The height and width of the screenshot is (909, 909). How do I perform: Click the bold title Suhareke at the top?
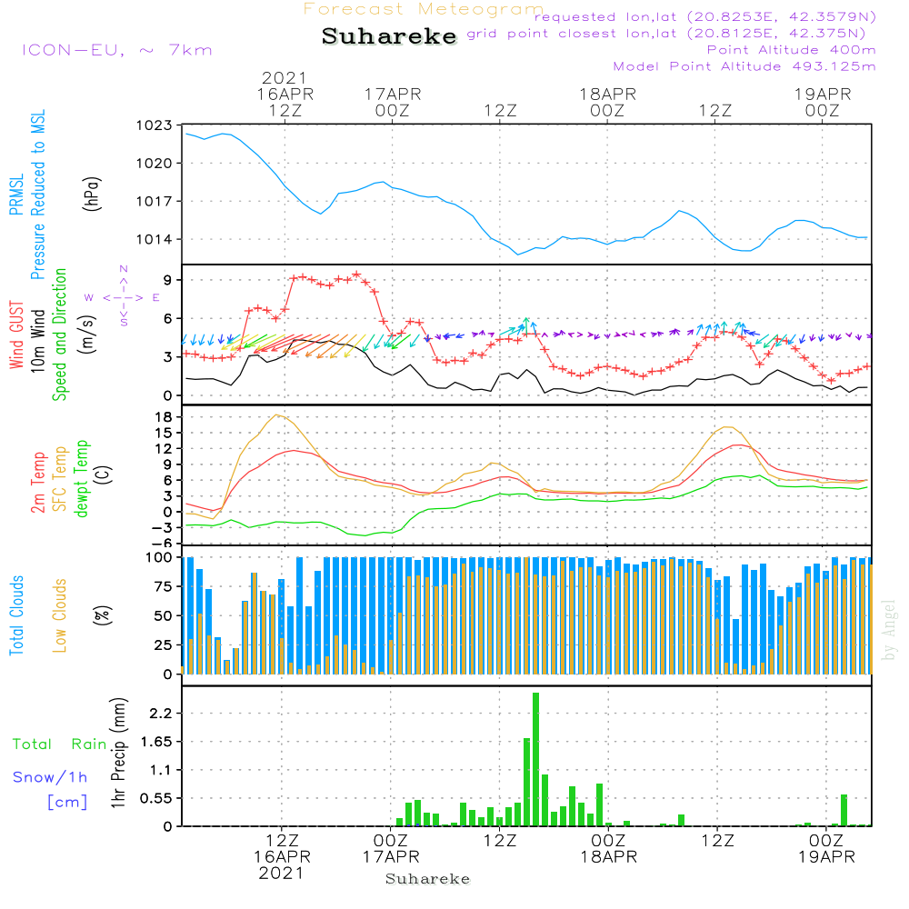389,37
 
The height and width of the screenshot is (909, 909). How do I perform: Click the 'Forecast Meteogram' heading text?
424,9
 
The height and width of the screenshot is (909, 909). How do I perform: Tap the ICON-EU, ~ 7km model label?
116,50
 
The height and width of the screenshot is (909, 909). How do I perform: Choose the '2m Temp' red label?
39,483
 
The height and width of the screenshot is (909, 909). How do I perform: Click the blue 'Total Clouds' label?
16,614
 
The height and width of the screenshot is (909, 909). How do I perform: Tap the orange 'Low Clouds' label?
60,614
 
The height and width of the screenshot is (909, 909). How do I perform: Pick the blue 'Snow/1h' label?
50,777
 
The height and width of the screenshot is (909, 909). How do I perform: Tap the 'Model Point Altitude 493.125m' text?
744,66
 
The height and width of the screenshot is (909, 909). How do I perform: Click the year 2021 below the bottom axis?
281,874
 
